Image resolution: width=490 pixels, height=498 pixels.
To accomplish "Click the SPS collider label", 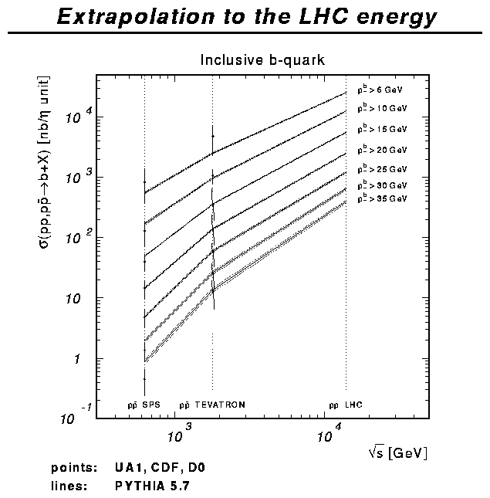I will (144, 405).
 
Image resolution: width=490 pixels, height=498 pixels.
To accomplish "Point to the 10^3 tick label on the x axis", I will (177, 436).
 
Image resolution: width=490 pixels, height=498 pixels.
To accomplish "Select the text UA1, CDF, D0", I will (160, 468).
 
